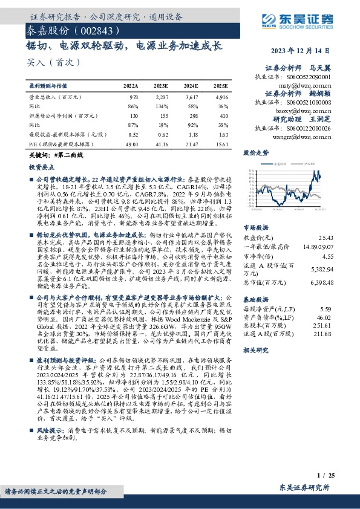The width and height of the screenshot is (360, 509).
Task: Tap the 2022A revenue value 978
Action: [134, 97]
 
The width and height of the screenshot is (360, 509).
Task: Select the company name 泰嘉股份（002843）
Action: [67, 31]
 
